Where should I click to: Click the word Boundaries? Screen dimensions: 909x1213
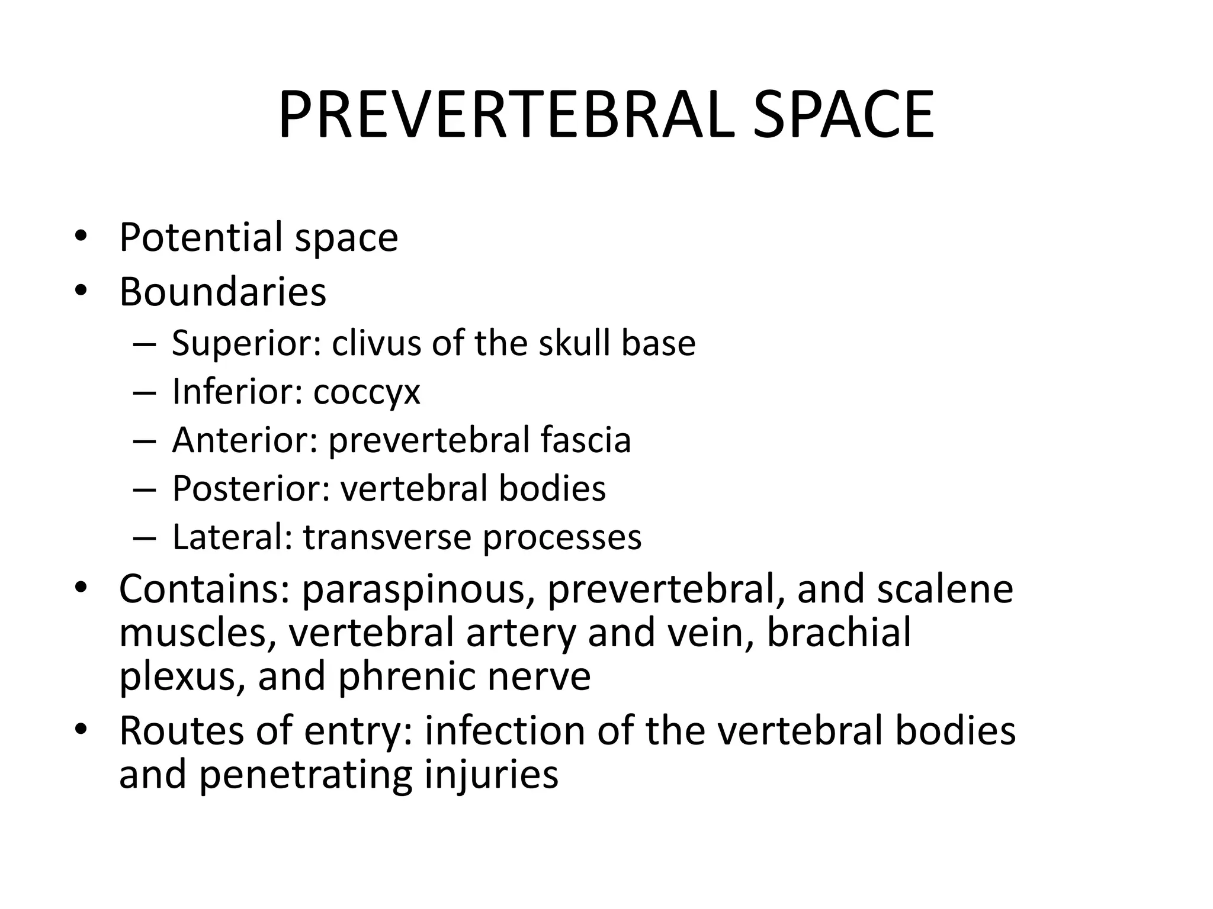pos(223,292)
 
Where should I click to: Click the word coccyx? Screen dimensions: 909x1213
pos(367,392)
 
